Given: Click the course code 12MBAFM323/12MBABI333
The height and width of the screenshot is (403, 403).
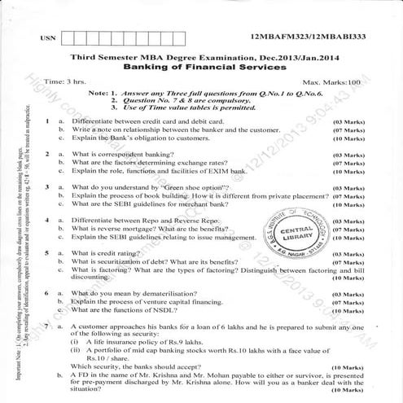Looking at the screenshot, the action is [x=309, y=37].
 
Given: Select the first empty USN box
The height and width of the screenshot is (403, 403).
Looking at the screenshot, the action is [x=68, y=37].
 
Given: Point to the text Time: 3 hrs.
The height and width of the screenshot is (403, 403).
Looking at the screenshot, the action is [x=65, y=82].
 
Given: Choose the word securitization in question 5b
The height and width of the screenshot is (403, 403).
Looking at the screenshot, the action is [x=123, y=261].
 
